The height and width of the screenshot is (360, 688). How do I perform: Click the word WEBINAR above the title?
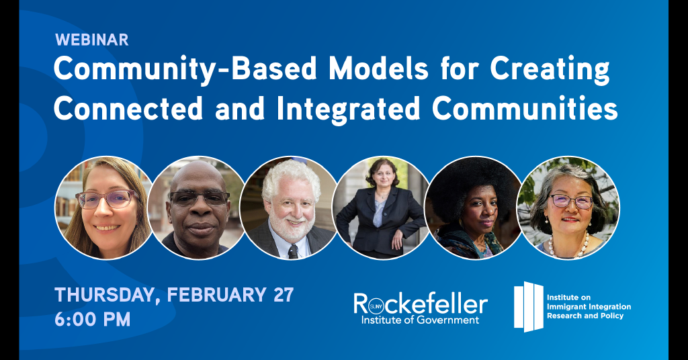[91, 40]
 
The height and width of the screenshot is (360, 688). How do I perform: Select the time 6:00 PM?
[93, 319]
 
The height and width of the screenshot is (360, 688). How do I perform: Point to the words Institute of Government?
[420, 320]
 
